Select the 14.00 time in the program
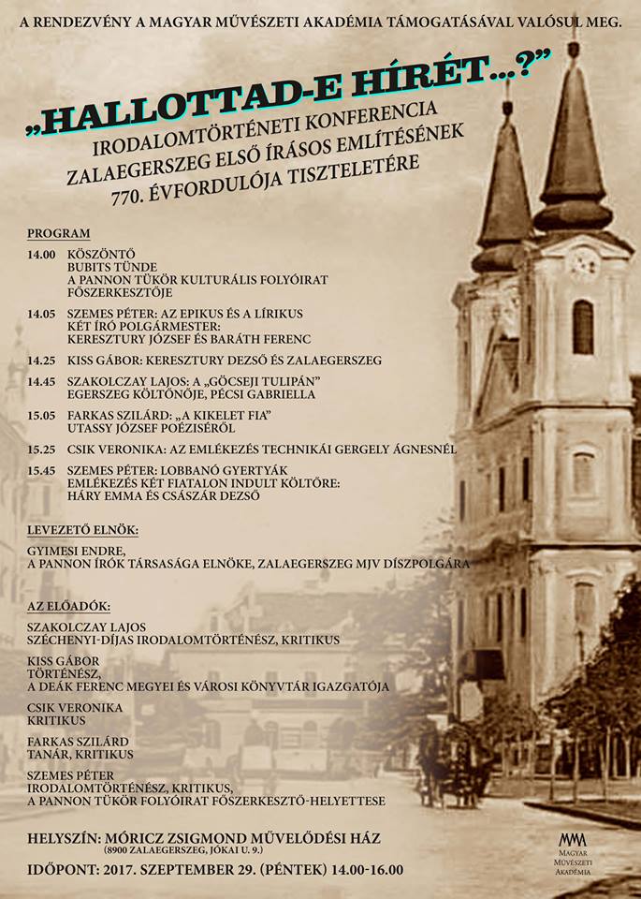pyautogui.click(x=41, y=254)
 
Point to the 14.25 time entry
pyautogui.click(x=41, y=360)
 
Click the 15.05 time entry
pyautogui.click(x=41, y=415)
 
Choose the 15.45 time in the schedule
pyautogui.click(x=41, y=470)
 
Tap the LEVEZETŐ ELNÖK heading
pyautogui.click(x=82, y=530)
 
